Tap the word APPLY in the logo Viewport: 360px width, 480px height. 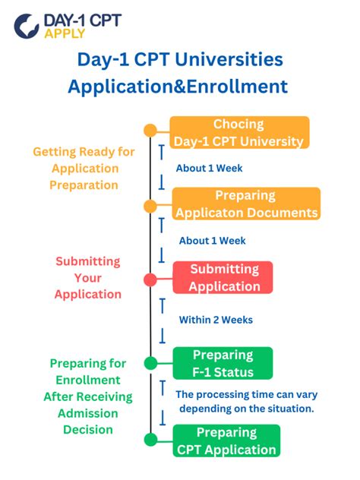tap(65, 34)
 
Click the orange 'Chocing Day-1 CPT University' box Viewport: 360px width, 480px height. tap(238, 132)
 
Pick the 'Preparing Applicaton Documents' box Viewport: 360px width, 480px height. tap(245, 204)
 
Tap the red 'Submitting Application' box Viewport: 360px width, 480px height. tap(224, 278)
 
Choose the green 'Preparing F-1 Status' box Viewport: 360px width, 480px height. tap(223, 363)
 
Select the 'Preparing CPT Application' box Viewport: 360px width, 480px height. tap(226, 441)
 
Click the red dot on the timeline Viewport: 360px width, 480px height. tap(150, 279)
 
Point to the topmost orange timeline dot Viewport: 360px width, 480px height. tap(150, 130)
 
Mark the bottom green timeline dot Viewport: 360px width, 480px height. tap(150, 438)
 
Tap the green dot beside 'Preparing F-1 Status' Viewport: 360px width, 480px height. tap(150, 362)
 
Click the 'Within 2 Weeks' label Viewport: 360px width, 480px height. tap(216, 320)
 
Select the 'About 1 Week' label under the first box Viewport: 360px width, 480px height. tap(209, 168)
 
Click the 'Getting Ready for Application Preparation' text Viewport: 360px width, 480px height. tap(84, 169)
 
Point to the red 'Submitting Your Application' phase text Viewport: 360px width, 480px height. tap(87, 277)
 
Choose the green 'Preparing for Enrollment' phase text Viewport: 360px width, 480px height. tap(87, 396)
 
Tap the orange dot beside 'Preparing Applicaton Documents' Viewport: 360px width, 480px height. tap(150, 206)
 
